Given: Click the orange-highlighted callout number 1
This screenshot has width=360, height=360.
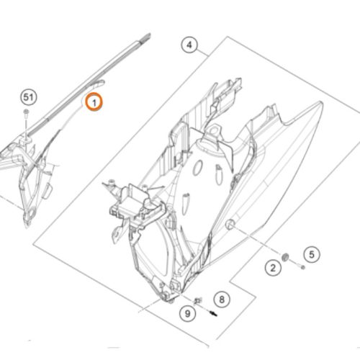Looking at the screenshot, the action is pyautogui.click(x=94, y=102).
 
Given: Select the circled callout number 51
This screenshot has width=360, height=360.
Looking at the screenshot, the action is pyautogui.click(x=29, y=97).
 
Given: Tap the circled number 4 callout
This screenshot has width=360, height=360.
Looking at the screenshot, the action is pyautogui.click(x=189, y=45).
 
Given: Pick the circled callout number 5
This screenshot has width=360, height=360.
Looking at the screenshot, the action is pyautogui.click(x=312, y=254).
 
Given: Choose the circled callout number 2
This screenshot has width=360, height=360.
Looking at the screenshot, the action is pyautogui.click(x=273, y=268).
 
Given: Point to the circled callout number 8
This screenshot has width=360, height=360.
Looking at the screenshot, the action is pyautogui.click(x=222, y=299).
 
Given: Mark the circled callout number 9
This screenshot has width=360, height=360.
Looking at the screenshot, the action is pyautogui.click(x=188, y=313).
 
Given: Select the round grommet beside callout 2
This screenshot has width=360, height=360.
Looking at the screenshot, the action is pyautogui.click(x=285, y=257).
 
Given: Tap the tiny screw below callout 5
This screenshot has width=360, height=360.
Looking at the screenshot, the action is pyautogui.click(x=302, y=267).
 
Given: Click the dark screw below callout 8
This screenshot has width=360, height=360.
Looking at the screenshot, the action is pyautogui.click(x=213, y=313).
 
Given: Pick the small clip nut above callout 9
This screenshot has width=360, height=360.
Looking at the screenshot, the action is pyautogui.click(x=198, y=300).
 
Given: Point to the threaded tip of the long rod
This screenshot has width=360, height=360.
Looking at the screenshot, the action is pyautogui.click(x=146, y=37).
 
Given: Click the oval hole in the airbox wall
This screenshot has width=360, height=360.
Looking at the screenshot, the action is pyautogui.click(x=198, y=168).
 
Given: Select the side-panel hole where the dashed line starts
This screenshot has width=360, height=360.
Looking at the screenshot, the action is pyautogui.click(x=230, y=224).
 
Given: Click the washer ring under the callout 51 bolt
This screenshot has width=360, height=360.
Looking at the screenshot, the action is pyautogui.click(x=27, y=140).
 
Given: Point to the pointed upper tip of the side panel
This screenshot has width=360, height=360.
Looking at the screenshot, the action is pyautogui.click(x=320, y=104).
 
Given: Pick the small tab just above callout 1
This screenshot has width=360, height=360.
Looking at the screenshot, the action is pyautogui.click(x=99, y=84).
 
